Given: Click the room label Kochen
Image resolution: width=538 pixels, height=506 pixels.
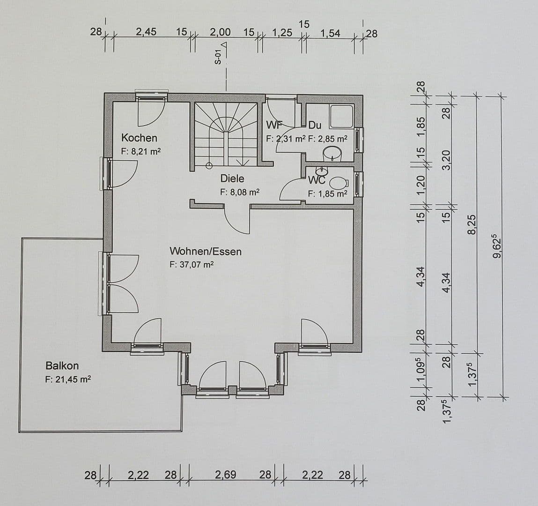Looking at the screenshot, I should (x=139, y=138).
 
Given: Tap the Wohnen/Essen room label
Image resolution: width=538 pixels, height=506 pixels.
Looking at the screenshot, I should (x=206, y=252).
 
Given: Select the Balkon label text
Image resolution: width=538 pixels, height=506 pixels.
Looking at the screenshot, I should (x=62, y=365).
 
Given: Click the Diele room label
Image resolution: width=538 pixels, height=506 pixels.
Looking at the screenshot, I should (x=232, y=179).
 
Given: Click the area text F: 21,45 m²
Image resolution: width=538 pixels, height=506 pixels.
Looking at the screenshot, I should (x=67, y=379).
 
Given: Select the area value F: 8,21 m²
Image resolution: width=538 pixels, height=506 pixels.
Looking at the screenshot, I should (x=141, y=151).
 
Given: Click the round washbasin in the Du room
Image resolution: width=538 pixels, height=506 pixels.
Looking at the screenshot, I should (x=332, y=152).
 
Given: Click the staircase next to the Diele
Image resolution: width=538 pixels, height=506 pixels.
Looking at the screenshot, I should (x=226, y=134).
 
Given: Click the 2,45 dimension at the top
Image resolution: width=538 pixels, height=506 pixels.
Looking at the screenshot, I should (x=146, y=32).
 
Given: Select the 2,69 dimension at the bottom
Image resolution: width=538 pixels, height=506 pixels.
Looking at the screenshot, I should (x=225, y=475).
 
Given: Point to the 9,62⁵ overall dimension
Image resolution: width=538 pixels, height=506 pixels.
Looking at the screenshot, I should (x=499, y=246).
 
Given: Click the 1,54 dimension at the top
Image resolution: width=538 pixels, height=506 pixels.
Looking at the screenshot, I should (x=330, y=33).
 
